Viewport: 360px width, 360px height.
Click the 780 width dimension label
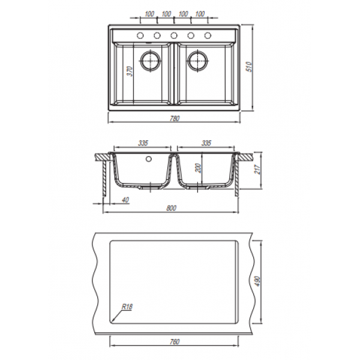[x=175, y=118]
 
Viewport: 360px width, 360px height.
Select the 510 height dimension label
[x=250, y=67]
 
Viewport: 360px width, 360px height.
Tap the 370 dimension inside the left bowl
[x=130, y=71]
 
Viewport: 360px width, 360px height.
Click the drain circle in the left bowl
[x=151, y=61]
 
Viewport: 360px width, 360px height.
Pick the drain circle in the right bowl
[x=197, y=61]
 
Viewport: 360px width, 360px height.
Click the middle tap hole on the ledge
[x=174, y=35]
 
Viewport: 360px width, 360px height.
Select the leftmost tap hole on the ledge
[x=140, y=35]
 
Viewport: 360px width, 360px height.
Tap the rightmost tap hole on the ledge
[x=208, y=35]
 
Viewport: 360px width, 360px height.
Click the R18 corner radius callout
[x=127, y=307]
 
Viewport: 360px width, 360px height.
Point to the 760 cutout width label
[x=175, y=342]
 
